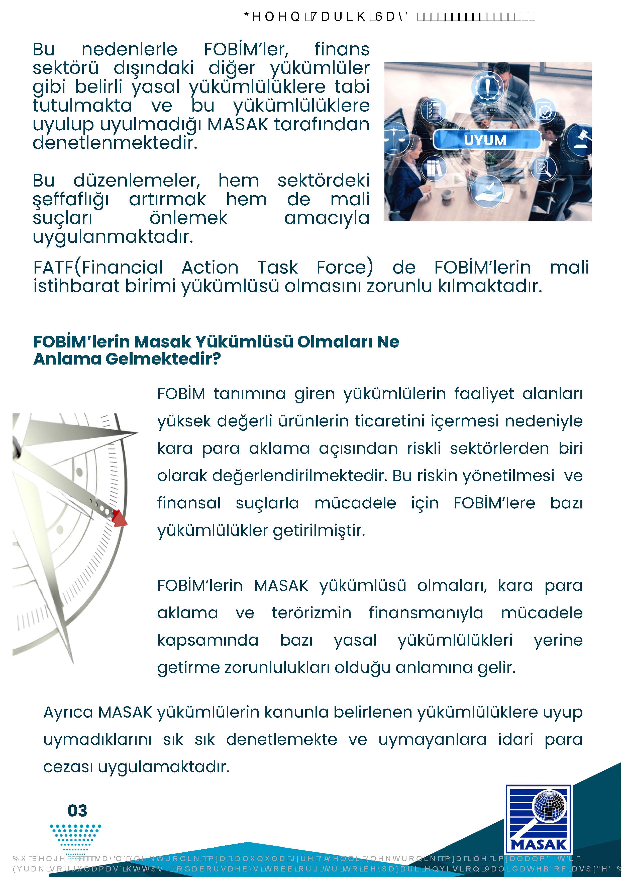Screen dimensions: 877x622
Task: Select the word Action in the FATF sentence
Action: [x=210, y=268]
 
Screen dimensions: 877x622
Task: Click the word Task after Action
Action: [x=277, y=268]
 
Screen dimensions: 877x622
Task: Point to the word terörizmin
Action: [x=312, y=613]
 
